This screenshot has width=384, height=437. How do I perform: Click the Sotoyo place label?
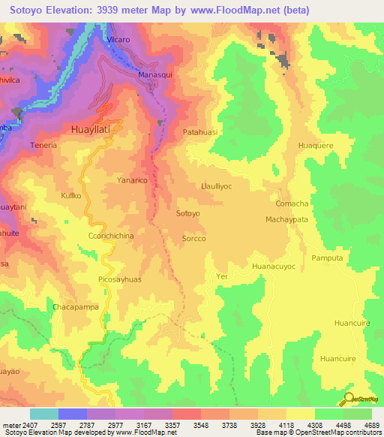pyautogui.click(x=187, y=214)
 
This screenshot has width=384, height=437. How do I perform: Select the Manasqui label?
pyautogui.click(x=156, y=77)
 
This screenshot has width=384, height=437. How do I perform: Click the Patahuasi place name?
pyautogui.click(x=200, y=132)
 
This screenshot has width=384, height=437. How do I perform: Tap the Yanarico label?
pyautogui.click(x=132, y=180)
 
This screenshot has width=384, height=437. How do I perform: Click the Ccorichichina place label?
pyautogui.click(x=106, y=236)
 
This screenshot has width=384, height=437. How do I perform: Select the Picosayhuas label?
pyautogui.click(x=119, y=279)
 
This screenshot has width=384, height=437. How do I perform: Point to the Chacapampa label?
pyautogui.click(x=74, y=307)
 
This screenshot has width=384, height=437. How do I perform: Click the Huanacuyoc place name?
pyautogui.click(x=274, y=267)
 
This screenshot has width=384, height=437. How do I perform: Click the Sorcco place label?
pyautogui.click(x=193, y=239)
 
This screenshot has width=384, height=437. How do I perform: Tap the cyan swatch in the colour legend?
pyautogui.click(x=43, y=414)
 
